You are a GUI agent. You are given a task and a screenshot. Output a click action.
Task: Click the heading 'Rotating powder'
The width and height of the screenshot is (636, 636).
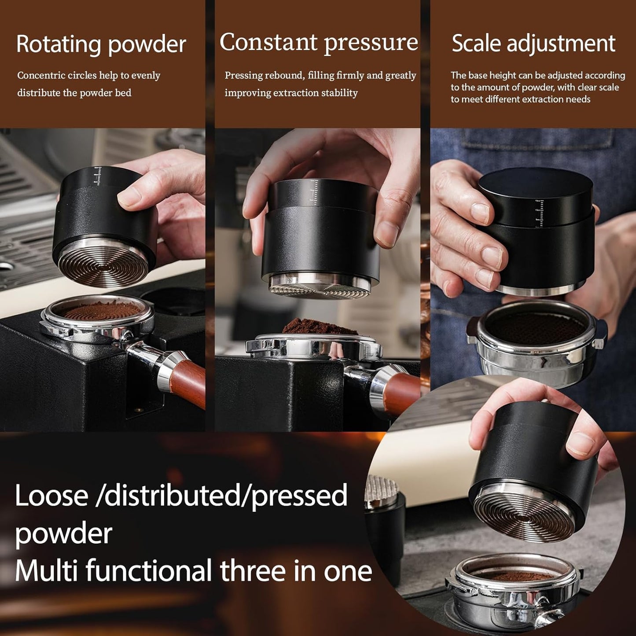coord(101,44)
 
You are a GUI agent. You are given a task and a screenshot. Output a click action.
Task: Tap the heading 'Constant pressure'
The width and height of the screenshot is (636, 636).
coord(319,43)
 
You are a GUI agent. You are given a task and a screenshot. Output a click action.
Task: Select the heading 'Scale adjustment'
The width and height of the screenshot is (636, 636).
coord(533,44)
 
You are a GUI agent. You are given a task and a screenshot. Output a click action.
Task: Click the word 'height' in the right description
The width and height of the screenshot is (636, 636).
coord(503,76)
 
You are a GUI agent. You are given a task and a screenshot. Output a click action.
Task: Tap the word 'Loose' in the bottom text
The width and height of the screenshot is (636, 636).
coord(51,496)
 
